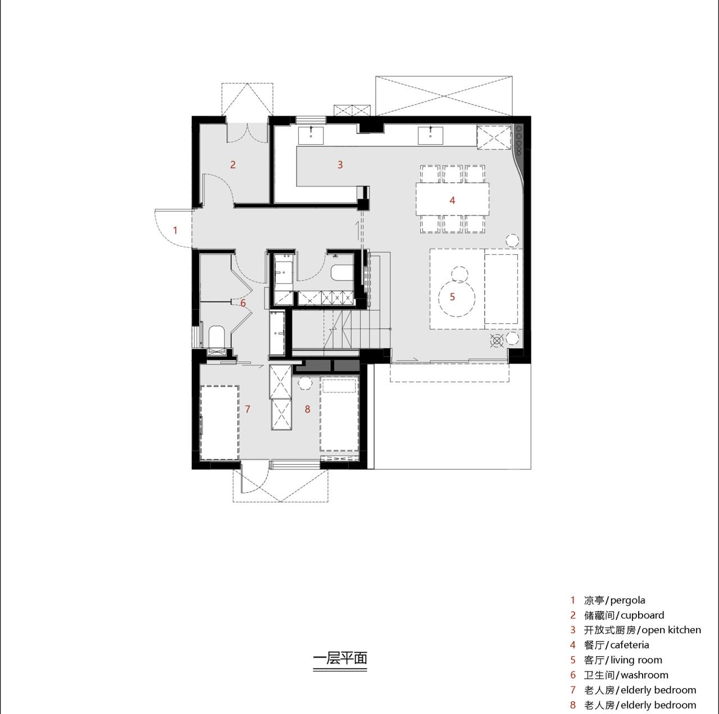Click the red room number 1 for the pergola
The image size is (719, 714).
point(175,230)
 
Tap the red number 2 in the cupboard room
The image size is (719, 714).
point(233,164)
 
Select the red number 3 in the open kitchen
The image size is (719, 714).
point(340,164)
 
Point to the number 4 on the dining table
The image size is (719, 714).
point(452,200)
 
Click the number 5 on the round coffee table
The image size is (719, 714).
point(452,296)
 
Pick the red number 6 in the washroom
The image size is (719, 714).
point(243,303)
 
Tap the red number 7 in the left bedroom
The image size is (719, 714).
point(248,409)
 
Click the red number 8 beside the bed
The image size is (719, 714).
point(307,409)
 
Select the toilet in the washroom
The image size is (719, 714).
point(216,338)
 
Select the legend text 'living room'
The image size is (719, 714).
point(636,660)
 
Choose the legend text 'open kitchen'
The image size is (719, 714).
point(671,630)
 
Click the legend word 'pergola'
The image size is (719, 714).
point(628,600)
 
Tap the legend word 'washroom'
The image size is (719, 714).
point(644,675)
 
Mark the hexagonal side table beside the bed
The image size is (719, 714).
point(305,383)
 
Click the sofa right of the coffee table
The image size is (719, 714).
point(501,289)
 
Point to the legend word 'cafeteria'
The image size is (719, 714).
point(630,645)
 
